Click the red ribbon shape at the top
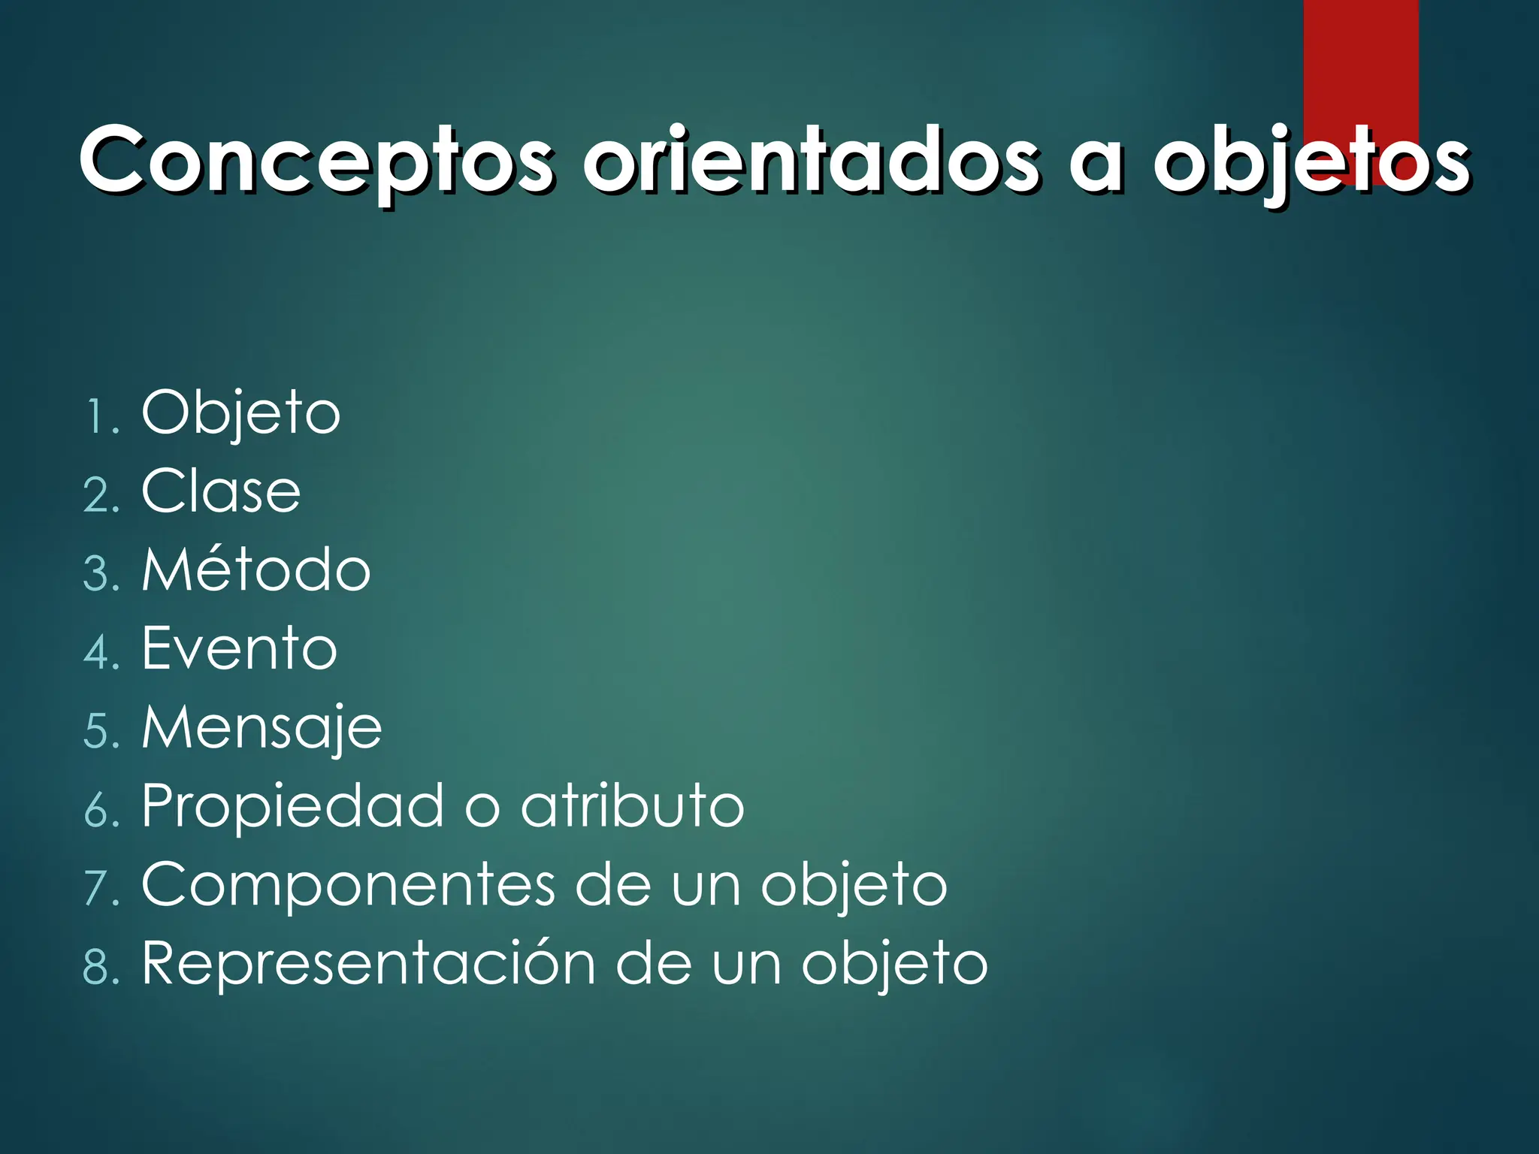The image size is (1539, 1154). point(1360,60)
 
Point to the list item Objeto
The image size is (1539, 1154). point(240,413)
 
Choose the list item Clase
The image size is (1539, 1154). point(221,492)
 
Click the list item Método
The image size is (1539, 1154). point(255,570)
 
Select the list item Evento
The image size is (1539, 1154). point(239,649)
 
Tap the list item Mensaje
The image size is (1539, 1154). point(262,728)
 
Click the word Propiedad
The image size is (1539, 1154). point(293,808)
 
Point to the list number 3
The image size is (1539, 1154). point(98,575)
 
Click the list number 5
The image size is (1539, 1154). point(98,733)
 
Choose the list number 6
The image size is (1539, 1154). point(98,811)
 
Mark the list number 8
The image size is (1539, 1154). point(98,968)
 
